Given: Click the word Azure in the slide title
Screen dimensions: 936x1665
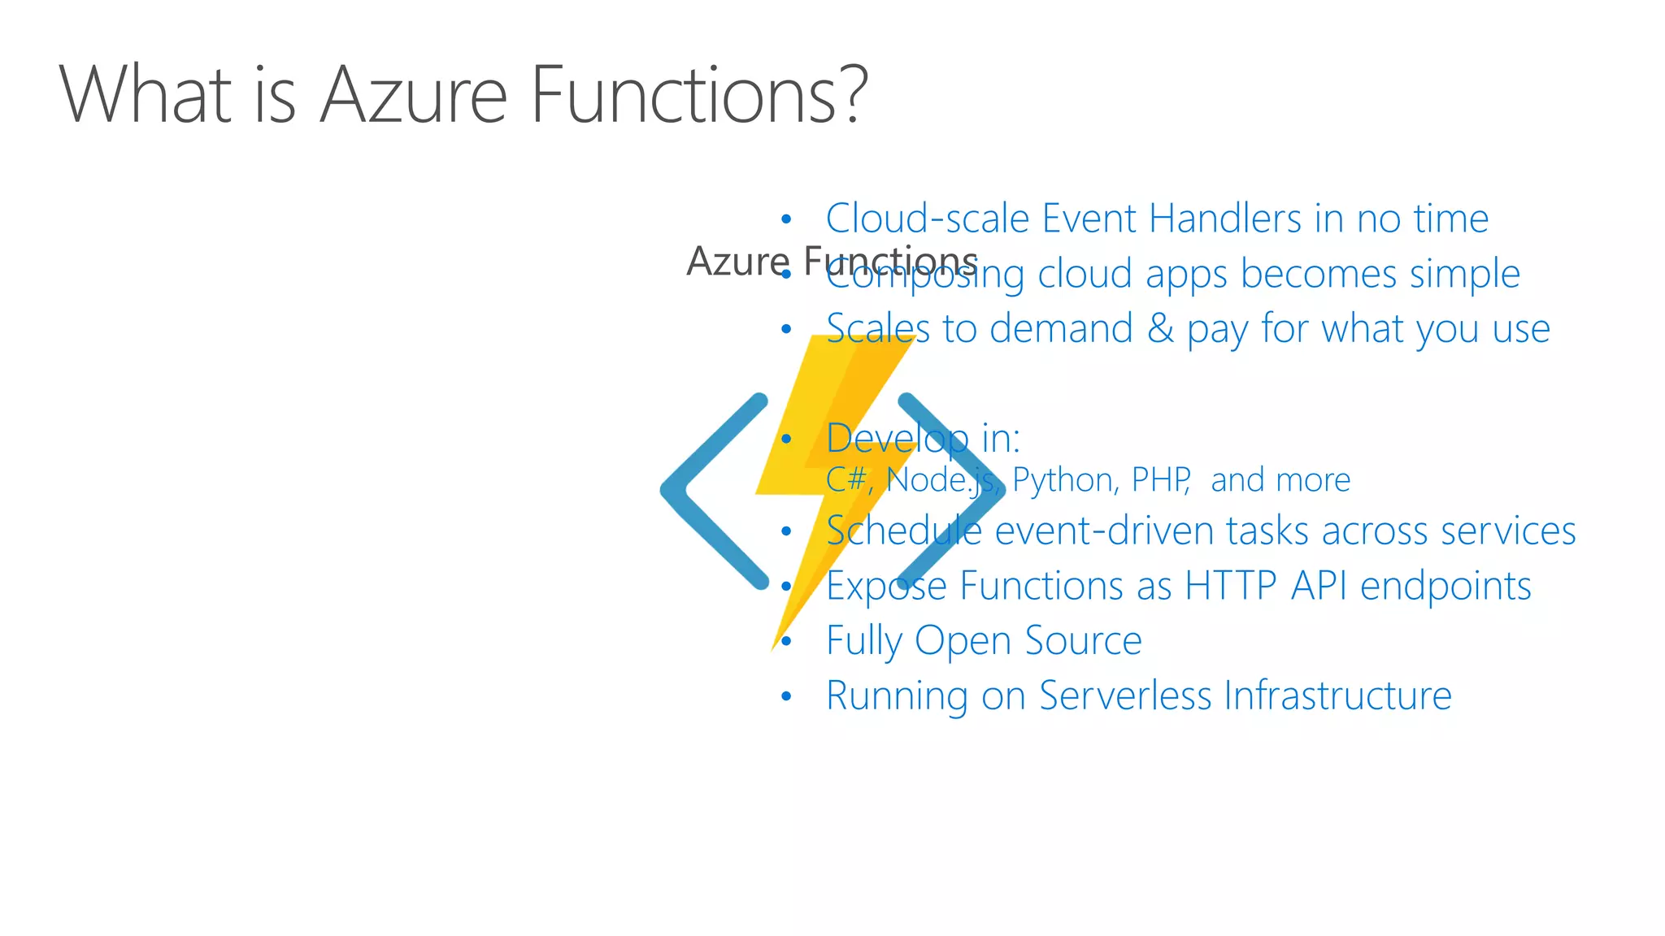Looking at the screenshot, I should point(413,96).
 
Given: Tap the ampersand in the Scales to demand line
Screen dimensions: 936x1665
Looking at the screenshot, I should point(1160,329).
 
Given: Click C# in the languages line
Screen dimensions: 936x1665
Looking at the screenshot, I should point(846,480).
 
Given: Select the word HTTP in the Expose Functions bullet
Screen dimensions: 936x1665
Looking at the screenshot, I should point(1231,586).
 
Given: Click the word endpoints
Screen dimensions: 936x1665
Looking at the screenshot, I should point(1445,586).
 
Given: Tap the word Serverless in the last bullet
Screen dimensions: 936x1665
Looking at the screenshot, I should point(1125,696).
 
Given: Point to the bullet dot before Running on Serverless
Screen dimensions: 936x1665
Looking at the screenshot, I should point(785,696).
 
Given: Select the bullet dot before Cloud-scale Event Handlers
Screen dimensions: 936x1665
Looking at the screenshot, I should point(785,219).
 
